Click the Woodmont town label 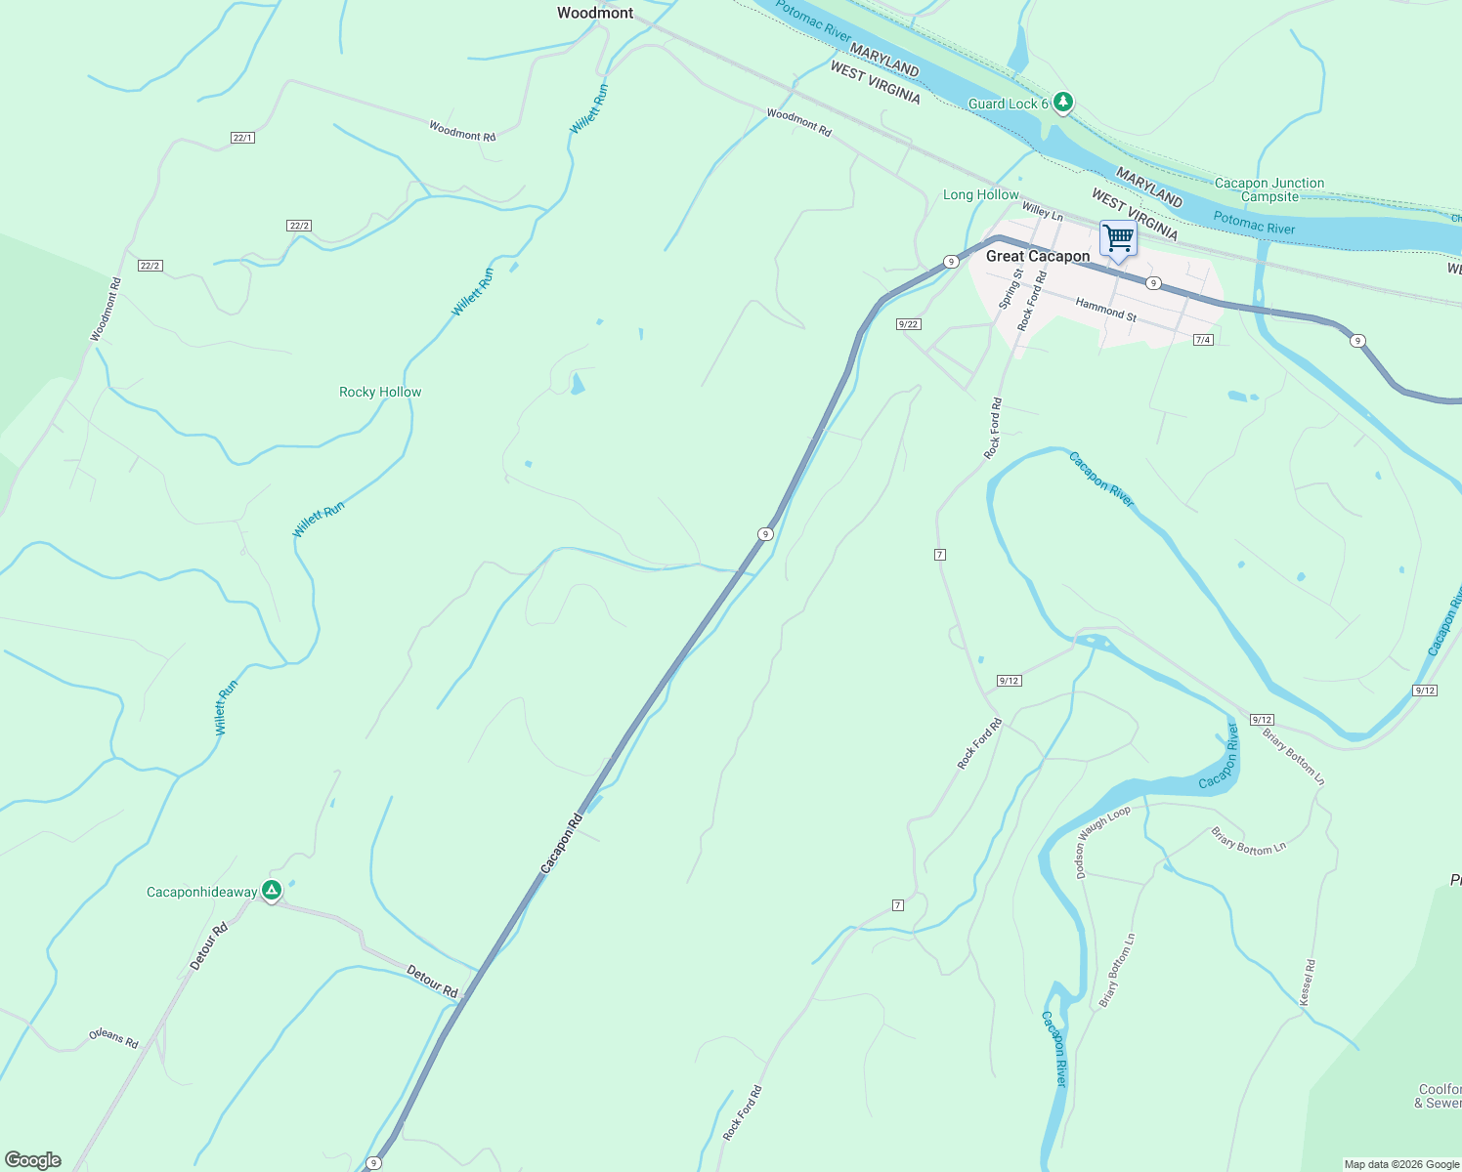pyautogui.click(x=595, y=13)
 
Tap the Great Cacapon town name pyautogui.click(x=1038, y=256)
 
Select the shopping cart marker pyautogui.click(x=1118, y=238)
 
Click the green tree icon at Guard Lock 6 pyautogui.click(x=1063, y=102)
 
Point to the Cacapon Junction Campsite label pyautogui.click(x=1269, y=189)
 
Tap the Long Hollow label pyautogui.click(x=980, y=194)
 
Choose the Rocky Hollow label pyautogui.click(x=380, y=392)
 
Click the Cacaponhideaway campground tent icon pyautogui.click(x=272, y=891)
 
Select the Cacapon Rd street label pyautogui.click(x=561, y=843)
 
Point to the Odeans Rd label pyautogui.click(x=113, y=1038)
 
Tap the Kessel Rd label pyautogui.click(x=1308, y=983)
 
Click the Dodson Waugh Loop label pyautogui.click(x=1101, y=841)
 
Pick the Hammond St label pyautogui.click(x=1106, y=310)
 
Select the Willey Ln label pyautogui.click(x=1043, y=211)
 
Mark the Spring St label pyautogui.click(x=1010, y=289)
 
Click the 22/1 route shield pyautogui.click(x=243, y=138)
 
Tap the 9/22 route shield pyautogui.click(x=909, y=324)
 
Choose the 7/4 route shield pyautogui.click(x=1203, y=340)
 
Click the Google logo pyautogui.click(x=32, y=1160)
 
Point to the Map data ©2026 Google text pyautogui.click(x=1400, y=1164)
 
